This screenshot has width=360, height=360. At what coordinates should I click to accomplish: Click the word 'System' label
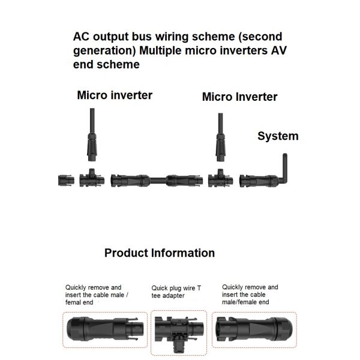(278, 136)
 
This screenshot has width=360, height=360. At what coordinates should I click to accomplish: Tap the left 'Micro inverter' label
(115, 95)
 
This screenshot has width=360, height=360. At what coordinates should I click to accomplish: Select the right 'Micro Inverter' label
(239, 97)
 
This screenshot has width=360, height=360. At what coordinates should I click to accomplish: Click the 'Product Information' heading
(159, 253)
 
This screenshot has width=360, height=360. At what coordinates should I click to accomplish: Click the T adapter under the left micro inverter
(92, 178)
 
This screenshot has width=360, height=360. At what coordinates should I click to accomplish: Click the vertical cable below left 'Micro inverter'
(92, 123)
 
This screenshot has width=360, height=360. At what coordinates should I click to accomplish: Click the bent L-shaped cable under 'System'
(284, 169)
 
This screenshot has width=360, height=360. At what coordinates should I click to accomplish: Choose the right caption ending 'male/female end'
(250, 295)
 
